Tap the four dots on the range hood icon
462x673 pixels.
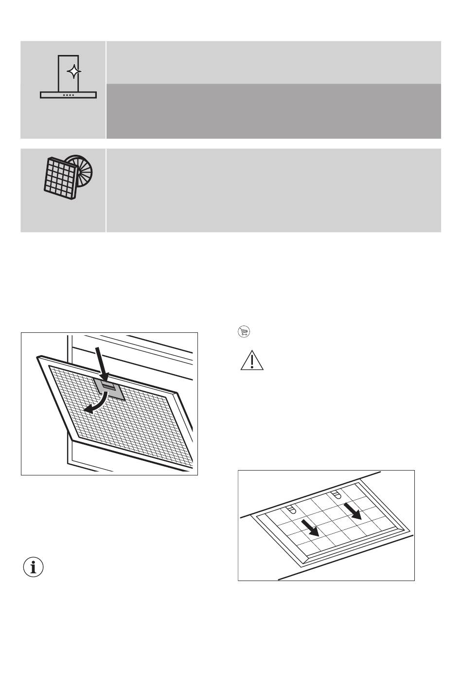[68, 95]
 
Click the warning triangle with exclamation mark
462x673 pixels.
[251, 361]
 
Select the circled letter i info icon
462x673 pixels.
[34, 567]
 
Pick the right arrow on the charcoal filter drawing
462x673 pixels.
[354, 511]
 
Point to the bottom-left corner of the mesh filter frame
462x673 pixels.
[72, 439]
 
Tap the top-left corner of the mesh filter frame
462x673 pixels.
[38, 358]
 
